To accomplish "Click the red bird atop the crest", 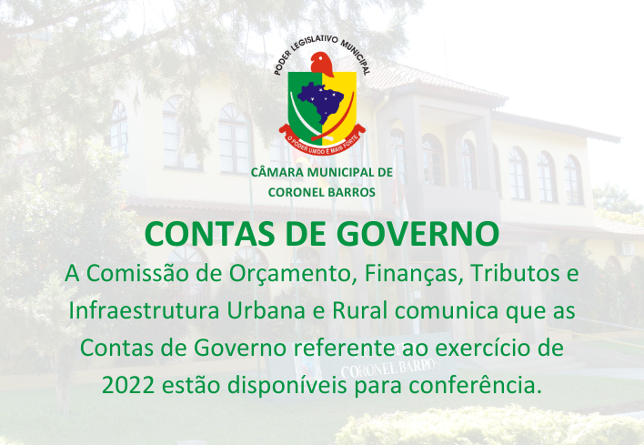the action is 321,64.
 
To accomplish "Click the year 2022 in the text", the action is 128,385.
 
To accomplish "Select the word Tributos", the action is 515,273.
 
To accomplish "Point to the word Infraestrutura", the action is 144,310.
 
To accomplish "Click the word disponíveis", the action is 287,386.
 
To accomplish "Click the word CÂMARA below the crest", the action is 278,172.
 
